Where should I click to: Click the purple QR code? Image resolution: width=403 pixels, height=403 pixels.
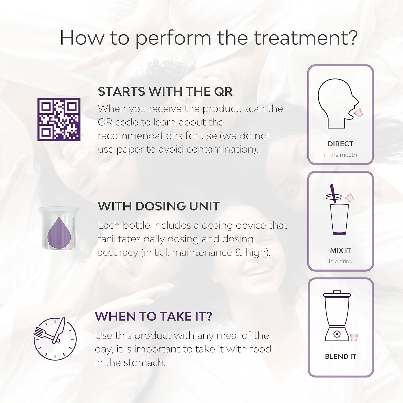pyautogui.click(x=59, y=120)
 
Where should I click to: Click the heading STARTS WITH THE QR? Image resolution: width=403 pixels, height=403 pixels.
pyautogui.click(x=165, y=92)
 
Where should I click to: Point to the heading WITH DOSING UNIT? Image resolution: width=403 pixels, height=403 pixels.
pyautogui.click(x=159, y=206)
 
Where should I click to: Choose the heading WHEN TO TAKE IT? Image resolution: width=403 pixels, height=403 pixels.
pyautogui.click(x=153, y=316)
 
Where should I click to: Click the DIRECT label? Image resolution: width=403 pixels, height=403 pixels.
pyautogui.click(x=340, y=144)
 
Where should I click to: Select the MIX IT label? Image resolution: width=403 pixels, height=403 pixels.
pyautogui.click(x=340, y=250)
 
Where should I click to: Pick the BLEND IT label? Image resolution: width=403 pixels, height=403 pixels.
pyautogui.click(x=340, y=356)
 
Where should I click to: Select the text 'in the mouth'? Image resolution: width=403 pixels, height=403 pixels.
pyautogui.click(x=340, y=155)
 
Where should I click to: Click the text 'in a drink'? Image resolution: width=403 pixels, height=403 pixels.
pyautogui.click(x=340, y=261)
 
